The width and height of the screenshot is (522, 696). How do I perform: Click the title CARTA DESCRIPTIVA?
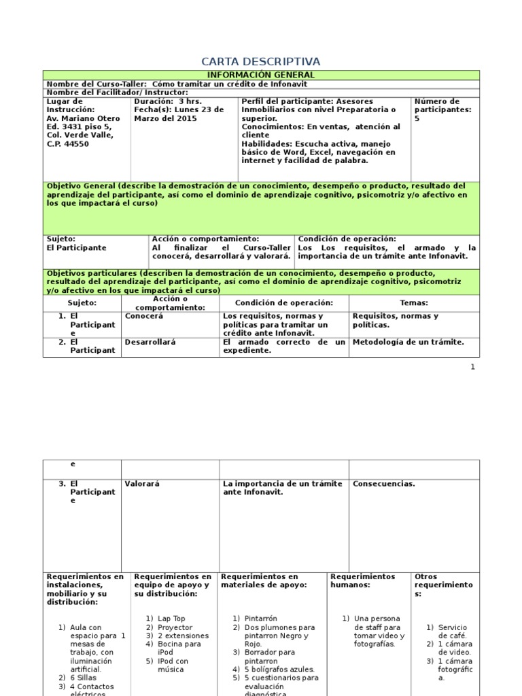(261, 62)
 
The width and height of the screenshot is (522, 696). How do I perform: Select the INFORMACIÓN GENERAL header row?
(261, 75)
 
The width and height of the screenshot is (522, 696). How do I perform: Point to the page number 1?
(472, 367)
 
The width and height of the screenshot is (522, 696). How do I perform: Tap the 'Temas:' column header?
(414, 303)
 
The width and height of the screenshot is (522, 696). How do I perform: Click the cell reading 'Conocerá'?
(144, 317)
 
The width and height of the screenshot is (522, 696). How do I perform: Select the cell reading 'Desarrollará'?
(150, 343)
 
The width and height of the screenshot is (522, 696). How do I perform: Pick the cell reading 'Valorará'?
(141, 484)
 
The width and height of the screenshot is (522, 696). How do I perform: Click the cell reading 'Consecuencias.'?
(384, 484)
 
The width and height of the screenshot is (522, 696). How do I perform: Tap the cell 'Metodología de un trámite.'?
(408, 343)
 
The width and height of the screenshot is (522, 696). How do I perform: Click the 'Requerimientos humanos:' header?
(362, 580)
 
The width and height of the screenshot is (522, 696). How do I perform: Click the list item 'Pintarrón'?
(261, 619)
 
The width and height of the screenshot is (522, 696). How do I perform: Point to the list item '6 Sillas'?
(82, 678)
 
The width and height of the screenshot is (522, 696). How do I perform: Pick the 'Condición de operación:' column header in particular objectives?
(284, 303)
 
